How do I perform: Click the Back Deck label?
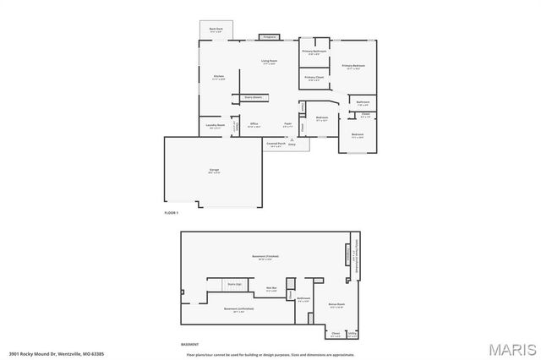[216, 28]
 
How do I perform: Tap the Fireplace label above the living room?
[270, 38]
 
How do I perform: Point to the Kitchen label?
[218, 77]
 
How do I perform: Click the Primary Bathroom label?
[314, 52]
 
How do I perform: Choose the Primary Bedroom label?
[353, 65]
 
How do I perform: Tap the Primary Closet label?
[314, 77]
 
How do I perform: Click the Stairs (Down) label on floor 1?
[253, 98]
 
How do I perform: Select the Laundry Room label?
[216, 125]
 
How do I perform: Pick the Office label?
[254, 123]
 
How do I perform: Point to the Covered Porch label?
[276, 144]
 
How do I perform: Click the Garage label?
[214, 171]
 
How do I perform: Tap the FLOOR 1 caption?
[172, 213]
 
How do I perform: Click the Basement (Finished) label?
[265, 255]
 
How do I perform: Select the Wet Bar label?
[272, 288]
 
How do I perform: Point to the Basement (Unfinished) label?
[239, 309]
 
